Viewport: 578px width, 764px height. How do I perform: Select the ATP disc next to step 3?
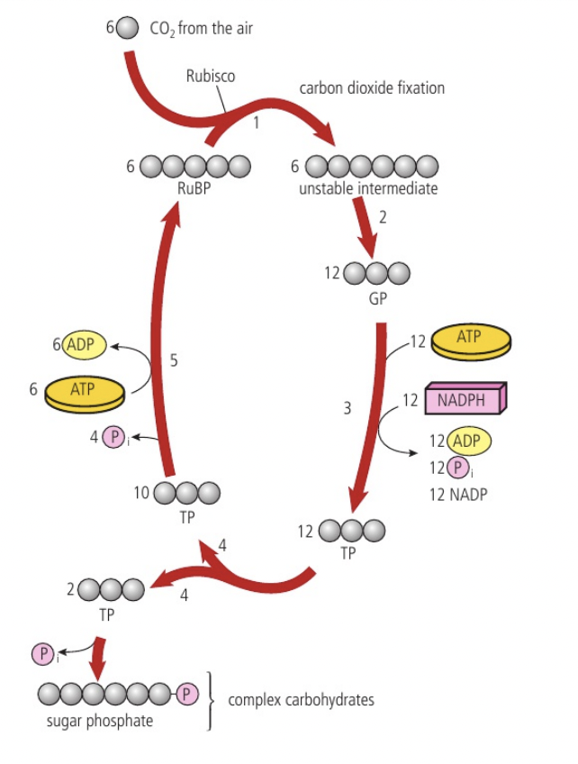[469, 341]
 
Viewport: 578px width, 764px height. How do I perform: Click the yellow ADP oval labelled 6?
[85, 344]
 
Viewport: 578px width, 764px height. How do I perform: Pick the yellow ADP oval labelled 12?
[466, 441]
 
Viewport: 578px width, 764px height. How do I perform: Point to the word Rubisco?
[210, 77]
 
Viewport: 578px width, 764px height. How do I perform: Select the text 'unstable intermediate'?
[368, 189]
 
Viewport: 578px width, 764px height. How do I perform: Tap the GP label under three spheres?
[377, 298]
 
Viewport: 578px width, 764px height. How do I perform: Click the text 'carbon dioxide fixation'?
[372, 88]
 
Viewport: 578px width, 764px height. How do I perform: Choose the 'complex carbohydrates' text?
[301, 699]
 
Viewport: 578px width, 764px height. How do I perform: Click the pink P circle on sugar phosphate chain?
[185, 695]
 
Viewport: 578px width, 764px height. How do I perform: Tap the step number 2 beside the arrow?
[383, 218]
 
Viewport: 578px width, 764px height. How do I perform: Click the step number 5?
[175, 360]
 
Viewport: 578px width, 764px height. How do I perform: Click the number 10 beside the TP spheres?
[141, 493]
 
